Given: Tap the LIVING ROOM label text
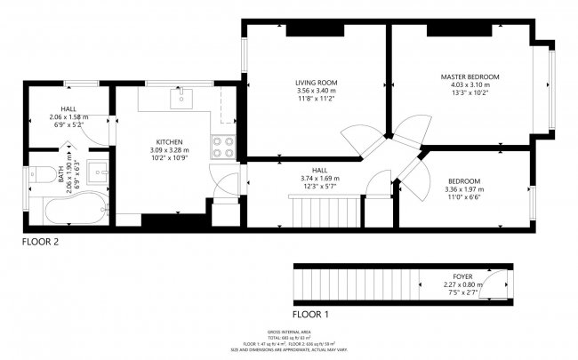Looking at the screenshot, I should click(x=317, y=83).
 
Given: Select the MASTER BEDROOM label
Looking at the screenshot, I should click(x=470, y=77).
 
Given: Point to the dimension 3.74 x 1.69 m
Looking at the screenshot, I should click(x=320, y=178).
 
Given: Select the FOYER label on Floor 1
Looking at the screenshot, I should click(x=462, y=276).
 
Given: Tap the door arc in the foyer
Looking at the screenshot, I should click(x=501, y=284).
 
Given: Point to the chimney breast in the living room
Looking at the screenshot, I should click(x=316, y=31).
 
